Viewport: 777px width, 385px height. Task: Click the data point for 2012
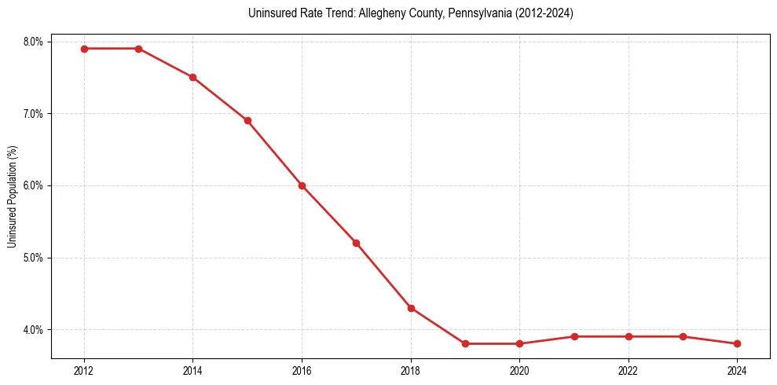84,49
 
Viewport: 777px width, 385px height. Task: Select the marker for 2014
192,77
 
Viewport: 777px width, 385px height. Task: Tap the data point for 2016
302,185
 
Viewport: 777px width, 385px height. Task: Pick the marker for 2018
411,308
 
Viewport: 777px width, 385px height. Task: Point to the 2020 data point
519,343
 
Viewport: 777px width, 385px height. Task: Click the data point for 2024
737,343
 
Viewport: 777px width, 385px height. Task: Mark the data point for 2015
247,120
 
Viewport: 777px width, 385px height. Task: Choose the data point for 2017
356,243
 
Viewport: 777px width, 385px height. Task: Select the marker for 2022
629,336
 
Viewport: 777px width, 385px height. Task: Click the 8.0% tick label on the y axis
34,42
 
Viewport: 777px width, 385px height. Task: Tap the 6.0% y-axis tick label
34,185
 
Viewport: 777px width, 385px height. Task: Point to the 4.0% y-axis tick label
34,330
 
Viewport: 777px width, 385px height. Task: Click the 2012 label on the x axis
84,370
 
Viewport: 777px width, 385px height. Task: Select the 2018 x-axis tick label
411,370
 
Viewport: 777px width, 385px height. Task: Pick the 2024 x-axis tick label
737,370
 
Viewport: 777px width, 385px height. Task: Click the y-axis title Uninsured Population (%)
13,196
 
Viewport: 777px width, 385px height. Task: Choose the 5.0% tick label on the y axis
34,258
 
